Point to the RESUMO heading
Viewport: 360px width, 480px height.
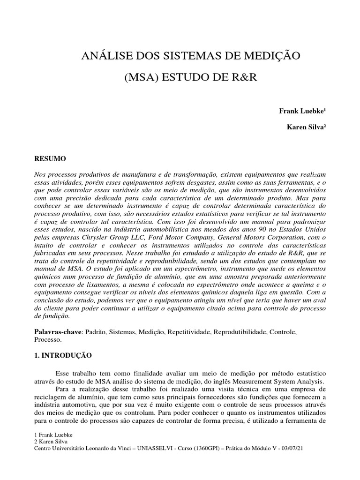click(51, 159)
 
